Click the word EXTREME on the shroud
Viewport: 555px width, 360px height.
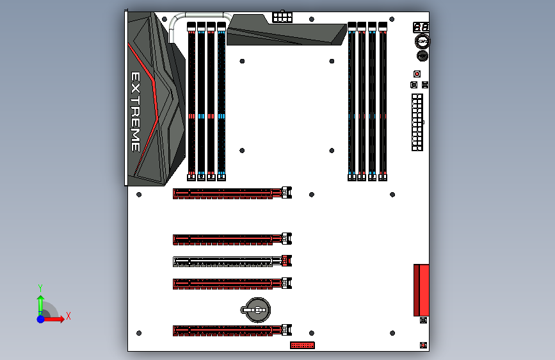[136, 111]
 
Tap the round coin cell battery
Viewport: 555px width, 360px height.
[256, 310]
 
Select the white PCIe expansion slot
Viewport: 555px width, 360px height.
[232, 261]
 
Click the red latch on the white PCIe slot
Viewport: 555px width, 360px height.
[287, 261]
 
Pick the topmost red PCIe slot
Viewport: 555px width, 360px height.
[232, 193]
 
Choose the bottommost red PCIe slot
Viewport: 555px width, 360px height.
[232, 331]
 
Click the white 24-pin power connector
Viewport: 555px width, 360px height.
[417, 122]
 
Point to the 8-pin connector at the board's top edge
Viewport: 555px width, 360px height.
[282, 17]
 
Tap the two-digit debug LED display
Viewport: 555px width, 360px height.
[421, 28]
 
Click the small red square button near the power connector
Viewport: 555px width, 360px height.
[417, 74]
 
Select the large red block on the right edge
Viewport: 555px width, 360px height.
[421, 290]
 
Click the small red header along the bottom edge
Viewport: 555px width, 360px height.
[302, 345]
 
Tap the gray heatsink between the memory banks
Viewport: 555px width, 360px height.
[286, 31]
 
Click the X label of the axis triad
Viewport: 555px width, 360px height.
[68, 316]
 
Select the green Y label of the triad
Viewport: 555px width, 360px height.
[40, 288]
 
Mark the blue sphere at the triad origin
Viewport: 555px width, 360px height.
[41, 319]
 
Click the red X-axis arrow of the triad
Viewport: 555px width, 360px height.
[53, 319]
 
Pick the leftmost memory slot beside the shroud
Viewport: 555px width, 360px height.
[191, 102]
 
